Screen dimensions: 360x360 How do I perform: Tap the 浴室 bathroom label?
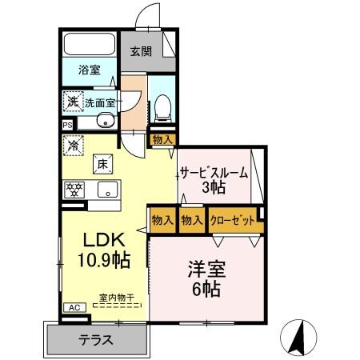[89, 70]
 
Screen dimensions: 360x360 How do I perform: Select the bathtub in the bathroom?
[90, 46]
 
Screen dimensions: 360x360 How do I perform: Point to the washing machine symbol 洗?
[72, 102]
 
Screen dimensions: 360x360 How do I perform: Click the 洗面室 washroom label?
[100, 102]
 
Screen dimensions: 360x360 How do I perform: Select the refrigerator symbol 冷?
[73, 146]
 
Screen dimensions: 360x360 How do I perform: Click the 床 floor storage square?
[103, 163]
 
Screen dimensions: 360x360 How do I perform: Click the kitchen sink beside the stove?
[106, 190]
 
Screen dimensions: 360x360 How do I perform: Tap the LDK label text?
[103, 239]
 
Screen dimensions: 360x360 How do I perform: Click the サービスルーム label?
[213, 173]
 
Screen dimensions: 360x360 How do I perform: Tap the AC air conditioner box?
[73, 307]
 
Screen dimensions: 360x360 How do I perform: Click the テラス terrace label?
[94, 339]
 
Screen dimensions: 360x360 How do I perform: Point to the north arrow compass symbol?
[301, 337]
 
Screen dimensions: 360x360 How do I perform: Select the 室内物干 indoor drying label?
[117, 298]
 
